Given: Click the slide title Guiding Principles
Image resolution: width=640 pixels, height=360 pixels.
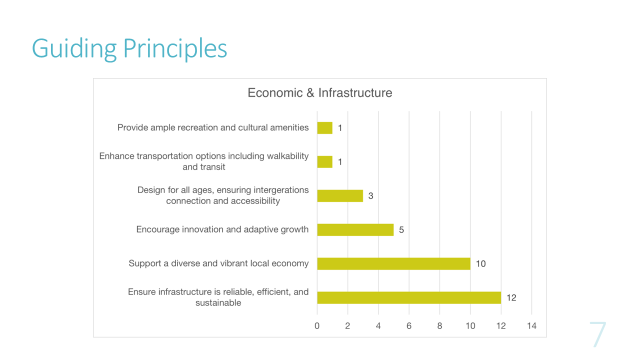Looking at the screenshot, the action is coord(129,48).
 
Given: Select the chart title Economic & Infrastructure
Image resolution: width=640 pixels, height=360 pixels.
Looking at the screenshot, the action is coord(319,93).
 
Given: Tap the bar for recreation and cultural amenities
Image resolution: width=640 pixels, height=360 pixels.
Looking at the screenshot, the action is coord(325,127).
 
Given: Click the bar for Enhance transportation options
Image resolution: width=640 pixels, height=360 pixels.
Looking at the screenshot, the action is coord(325,161).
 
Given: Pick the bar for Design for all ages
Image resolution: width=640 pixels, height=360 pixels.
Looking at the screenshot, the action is coord(340,195).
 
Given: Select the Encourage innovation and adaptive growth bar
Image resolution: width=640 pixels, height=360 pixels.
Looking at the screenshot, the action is coord(355,229).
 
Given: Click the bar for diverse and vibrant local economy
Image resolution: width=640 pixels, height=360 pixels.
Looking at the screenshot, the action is coord(393,263).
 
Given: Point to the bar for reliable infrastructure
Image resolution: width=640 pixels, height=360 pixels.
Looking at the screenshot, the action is coord(409,297).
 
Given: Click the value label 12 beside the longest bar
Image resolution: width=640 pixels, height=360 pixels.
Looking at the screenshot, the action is coord(511,297).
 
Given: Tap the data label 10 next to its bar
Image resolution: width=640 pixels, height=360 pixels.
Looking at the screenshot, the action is coord(481,263).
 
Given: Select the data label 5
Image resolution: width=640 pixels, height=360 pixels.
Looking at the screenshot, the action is coord(401,229).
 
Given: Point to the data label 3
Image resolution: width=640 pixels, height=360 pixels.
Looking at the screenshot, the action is coord(371,195).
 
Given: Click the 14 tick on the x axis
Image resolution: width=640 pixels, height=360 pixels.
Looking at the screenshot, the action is coord(531,325).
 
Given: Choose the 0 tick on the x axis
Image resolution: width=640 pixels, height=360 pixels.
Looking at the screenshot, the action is coord(317,325).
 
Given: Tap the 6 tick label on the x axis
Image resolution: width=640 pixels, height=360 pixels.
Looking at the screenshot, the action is coord(409,325).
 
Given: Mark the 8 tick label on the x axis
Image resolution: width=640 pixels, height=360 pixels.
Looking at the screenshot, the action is coord(439,325).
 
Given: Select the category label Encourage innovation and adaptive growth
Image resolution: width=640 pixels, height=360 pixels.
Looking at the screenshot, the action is coord(222,229).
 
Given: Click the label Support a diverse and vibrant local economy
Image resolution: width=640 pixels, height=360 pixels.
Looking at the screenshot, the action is coord(218,263).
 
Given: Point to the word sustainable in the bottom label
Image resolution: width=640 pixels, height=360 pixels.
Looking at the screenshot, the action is coord(218,302).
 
